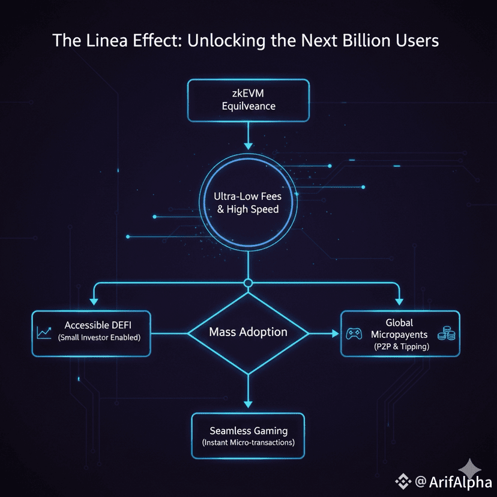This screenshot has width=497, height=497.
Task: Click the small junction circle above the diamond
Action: coord(248,283)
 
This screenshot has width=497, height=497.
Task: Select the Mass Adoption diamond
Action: coord(248,332)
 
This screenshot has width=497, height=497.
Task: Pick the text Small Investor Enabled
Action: coord(99,338)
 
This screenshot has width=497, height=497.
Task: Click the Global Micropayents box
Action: coord(400,334)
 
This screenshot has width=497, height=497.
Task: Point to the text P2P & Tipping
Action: coord(400,346)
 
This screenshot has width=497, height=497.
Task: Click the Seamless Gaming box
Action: coord(248,436)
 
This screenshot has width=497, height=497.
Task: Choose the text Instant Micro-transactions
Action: coord(248,443)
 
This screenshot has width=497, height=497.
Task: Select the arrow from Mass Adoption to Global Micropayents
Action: coord(324,332)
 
